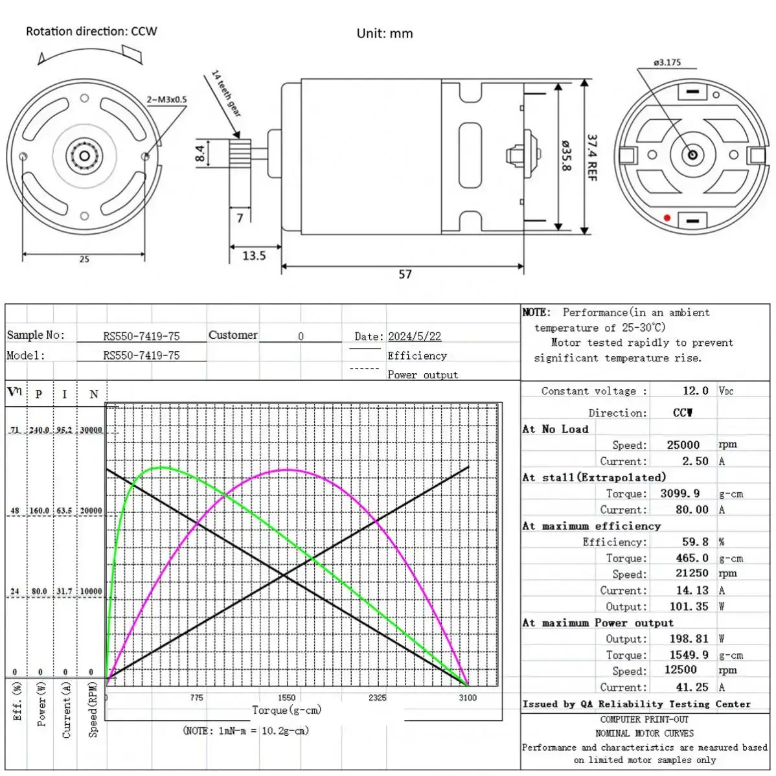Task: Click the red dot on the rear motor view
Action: [667, 218]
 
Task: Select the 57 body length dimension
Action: [405, 274]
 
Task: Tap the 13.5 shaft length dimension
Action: [254, 256]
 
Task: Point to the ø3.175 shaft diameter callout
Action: [667, 63]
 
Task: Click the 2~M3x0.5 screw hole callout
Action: [166, 100]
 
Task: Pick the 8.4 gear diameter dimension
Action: [200, 154]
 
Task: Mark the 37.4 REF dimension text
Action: [592, 157]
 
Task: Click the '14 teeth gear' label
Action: [227, 93]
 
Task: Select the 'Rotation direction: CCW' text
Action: [91, 31]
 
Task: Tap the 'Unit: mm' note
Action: [384, 34]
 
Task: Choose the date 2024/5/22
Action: [415, 336]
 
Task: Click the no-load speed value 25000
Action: [683, 445]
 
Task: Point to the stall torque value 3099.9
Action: [680, 494]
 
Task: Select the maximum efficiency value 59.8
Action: [695, 542]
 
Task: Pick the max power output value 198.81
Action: [689, 639]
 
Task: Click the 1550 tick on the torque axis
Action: [286, 698]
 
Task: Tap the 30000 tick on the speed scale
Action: [91, 430]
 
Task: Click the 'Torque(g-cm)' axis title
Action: [286, 710]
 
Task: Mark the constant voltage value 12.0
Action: [696, 391]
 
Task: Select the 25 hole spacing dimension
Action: [84, 259]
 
